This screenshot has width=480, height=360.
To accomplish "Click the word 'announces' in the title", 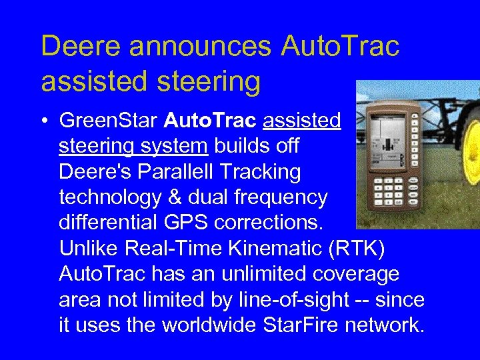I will (x=201, y=46).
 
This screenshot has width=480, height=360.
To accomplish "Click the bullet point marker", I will (x=44, y=121).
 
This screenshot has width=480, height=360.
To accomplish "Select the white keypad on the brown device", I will (x=391, y=193).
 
